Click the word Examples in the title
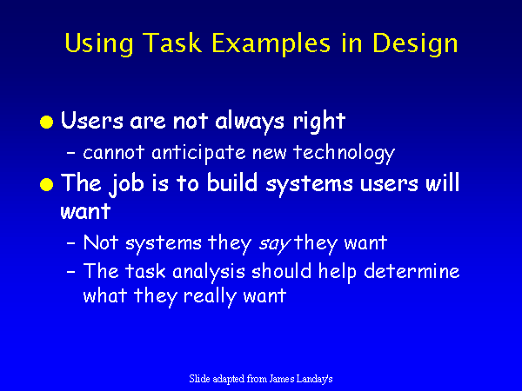coord(271,43)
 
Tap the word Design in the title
coord(415,43)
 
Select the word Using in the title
coord(99,43)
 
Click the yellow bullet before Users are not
coord(47,122)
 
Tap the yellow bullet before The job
coord(47,184)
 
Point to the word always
coord(250,122)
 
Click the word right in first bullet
coord(319,122)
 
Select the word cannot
coord(113,153)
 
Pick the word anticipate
coord(198,154)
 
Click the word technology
coord(344,154)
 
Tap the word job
coord(126,184)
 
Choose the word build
coord(232,182)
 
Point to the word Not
coord(101,242)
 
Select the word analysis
coord(209,273)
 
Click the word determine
coord(412,271)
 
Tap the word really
coord(210,297)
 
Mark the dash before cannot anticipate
coord(71,153)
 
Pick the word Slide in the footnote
coord(199,378)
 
